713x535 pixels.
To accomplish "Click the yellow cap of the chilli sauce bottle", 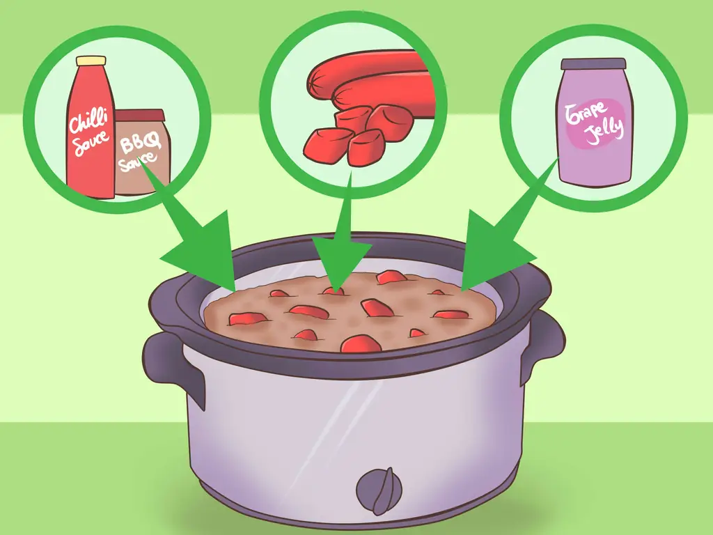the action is pyautogui.click(x=91, y=61).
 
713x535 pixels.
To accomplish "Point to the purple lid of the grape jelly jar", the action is pyautogui.click(x=593, y=64).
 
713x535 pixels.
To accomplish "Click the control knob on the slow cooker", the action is pyautogui.click(x=379, y=491).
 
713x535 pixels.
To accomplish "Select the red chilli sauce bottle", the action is pyautogui.click(x=91, y=127).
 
